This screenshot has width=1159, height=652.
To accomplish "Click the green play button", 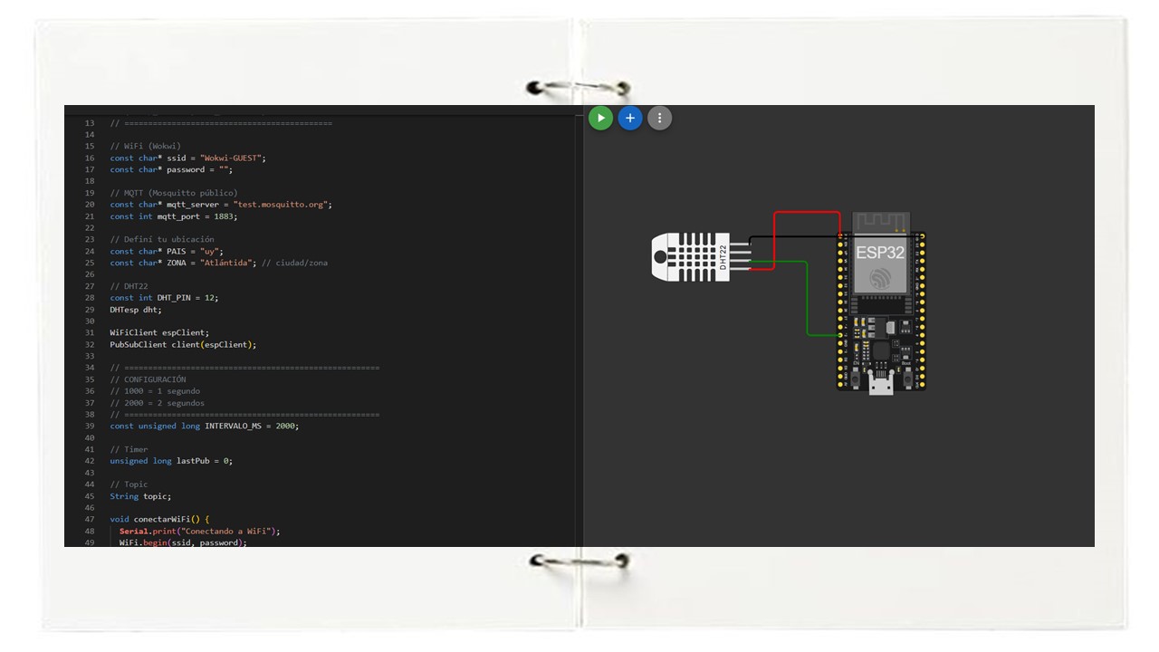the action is pos(600,118).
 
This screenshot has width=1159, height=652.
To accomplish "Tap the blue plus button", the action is pos(630,118).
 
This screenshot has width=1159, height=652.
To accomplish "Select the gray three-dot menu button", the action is pos(660,118).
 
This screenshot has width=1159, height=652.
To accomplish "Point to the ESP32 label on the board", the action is pos(880,253).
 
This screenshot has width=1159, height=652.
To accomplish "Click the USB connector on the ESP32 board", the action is pos(881,385).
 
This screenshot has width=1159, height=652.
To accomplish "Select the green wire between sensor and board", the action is pos(807,299).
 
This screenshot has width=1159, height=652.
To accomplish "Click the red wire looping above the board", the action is pos(807,212).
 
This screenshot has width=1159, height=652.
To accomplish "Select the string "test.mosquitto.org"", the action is pos(281,205).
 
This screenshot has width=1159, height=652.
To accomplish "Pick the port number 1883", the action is pos(224,216).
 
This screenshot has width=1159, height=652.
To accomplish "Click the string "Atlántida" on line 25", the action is pos(225,263).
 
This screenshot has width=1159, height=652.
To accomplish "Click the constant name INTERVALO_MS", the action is pos(233,426).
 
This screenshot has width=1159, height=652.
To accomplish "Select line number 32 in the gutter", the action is pos(90,345).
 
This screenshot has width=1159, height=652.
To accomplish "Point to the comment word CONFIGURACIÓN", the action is pos(155,379).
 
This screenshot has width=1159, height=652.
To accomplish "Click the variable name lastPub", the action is pos(193,461).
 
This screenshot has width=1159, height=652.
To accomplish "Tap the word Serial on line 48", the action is pos(133,531).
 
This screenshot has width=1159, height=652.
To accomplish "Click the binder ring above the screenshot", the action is pos(578,87).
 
